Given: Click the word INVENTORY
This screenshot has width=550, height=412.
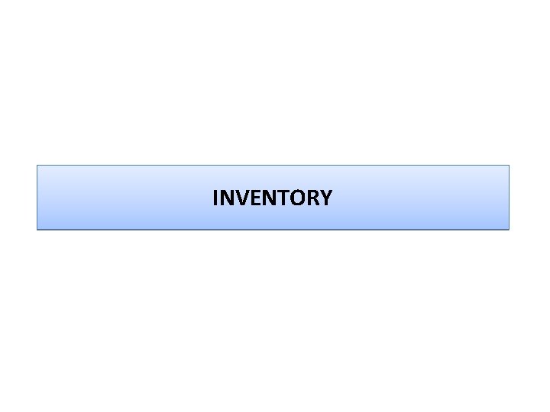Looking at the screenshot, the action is click(272, 198).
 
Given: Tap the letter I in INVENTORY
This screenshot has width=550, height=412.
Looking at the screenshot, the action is click(215, 198).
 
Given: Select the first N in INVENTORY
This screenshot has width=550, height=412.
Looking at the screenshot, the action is click(226, 198).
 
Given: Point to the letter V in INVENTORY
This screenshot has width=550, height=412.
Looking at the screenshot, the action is click(240, 198).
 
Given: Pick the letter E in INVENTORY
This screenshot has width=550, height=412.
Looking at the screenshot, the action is click(252, 198).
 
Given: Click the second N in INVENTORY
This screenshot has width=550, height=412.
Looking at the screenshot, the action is click(265, 198).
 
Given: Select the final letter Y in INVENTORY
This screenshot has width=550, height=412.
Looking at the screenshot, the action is click(325, 198).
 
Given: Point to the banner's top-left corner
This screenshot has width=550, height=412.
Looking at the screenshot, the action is click(37, 166).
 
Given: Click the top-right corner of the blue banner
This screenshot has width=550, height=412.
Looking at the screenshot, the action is click(509, 166).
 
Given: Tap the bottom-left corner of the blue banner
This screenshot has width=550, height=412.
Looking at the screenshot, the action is click(37, 229).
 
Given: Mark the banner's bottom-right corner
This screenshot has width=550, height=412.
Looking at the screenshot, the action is click(509, 229).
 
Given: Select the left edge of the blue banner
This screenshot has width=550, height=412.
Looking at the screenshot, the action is click(37, 198).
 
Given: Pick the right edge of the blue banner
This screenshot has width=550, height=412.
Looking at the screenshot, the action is click(509, 198).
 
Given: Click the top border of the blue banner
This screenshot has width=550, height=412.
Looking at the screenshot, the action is click(273, 166).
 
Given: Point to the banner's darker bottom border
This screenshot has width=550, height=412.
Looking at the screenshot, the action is click(273, 229).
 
